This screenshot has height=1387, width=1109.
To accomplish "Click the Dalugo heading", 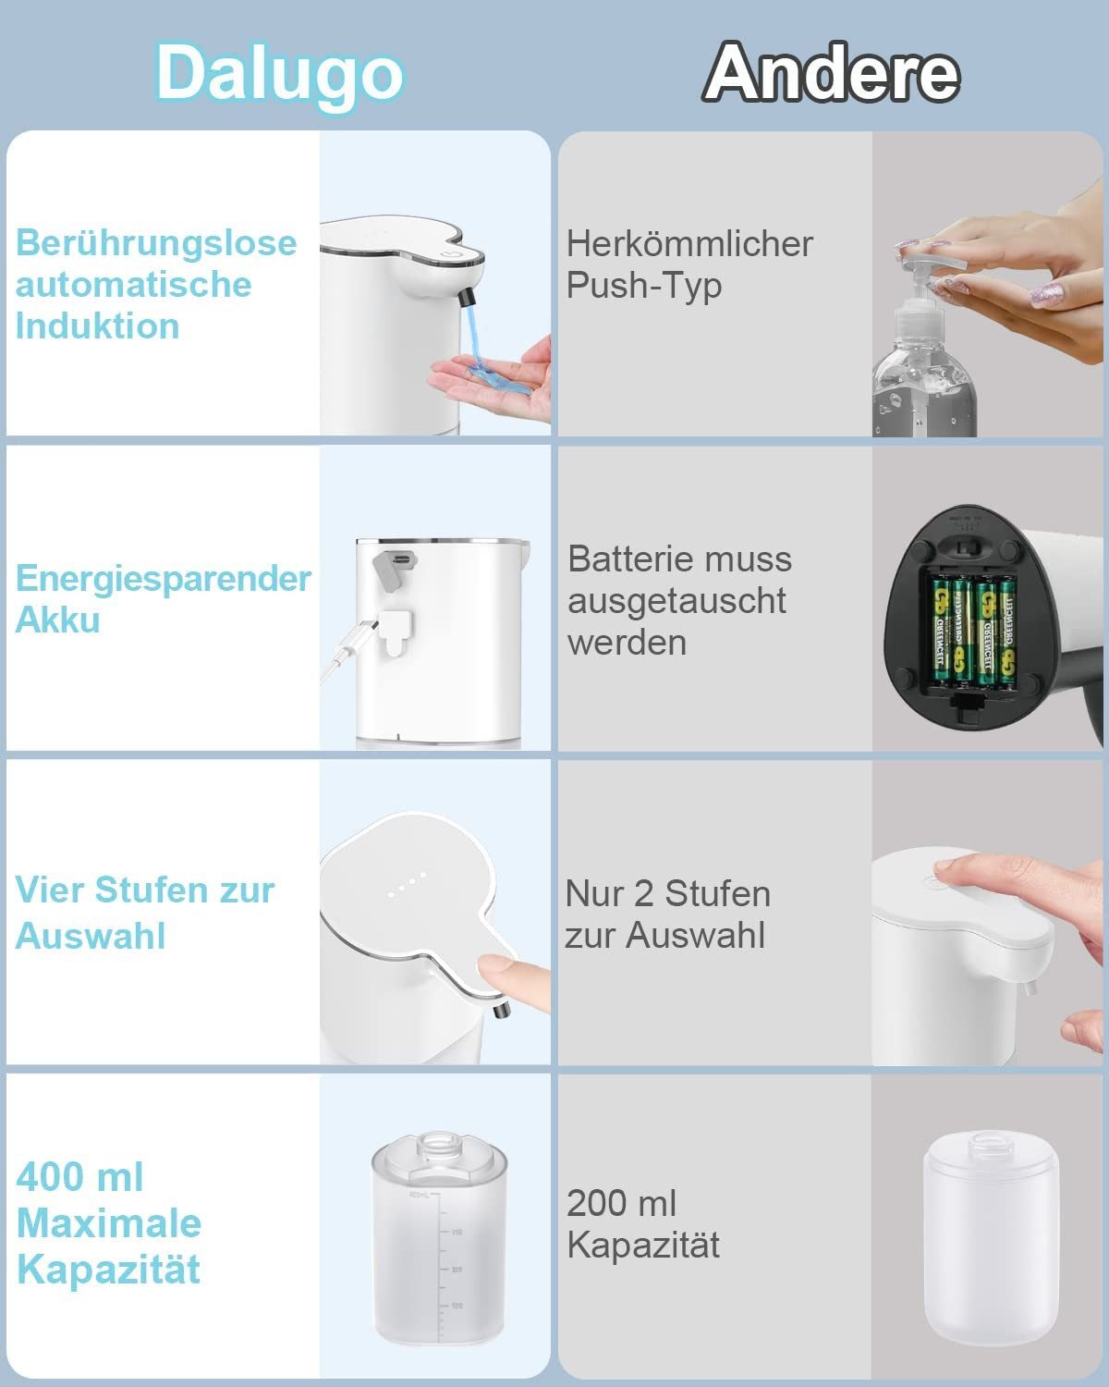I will tap(279, 74).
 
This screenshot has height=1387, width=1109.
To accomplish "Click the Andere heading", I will tap(832, 74).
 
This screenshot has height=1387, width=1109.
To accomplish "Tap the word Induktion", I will tap(97, 326).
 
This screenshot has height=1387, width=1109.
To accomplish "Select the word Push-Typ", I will tap(644, 286).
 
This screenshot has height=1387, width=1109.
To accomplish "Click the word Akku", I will tap(57, 620).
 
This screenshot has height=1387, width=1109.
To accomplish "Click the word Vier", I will tap(50, 890).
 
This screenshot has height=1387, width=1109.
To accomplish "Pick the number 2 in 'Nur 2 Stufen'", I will tap(642, 894).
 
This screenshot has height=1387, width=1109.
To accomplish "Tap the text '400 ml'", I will tap(80, 1177).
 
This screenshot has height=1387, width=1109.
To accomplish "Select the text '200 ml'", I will tap(621, 1204).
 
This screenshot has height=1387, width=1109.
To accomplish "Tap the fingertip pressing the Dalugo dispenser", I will tap(499, 971).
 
